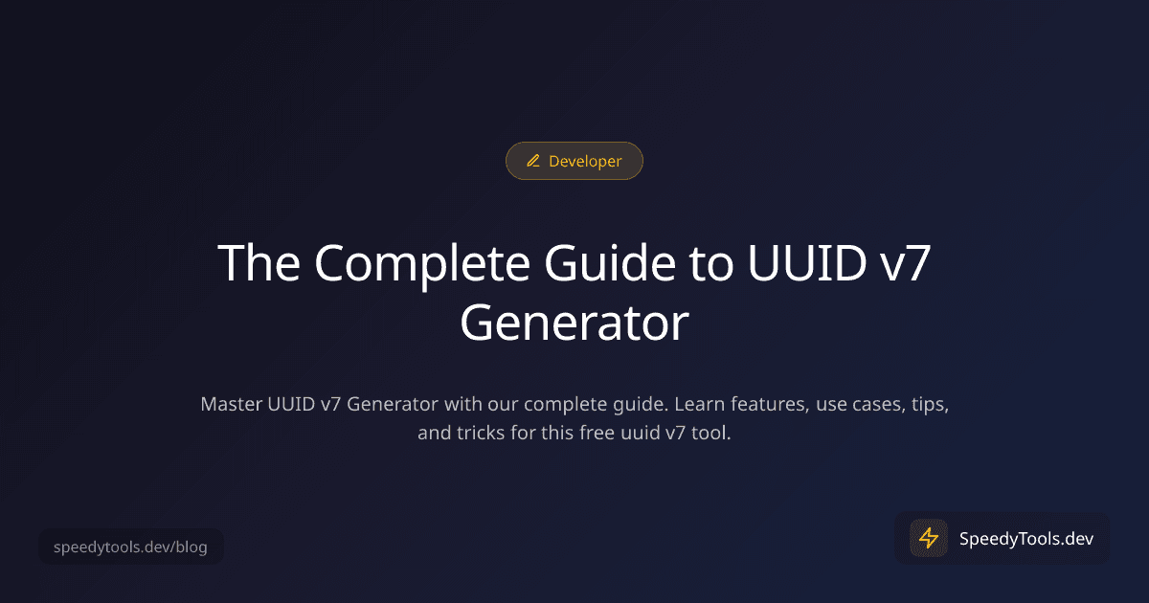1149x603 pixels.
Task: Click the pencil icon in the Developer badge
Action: (533, 162)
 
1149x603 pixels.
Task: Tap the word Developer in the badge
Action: (585, 162)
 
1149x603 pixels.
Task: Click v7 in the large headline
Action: (904, 262)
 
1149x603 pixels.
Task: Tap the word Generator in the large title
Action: (574, 323)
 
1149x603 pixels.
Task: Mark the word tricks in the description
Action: (486, 433)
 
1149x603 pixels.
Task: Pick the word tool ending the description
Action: (712, 433)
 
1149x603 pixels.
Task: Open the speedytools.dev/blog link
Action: (130, 548)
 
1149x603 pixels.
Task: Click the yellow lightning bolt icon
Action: (928, 538)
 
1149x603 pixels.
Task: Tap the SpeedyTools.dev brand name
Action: (1026, 538)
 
